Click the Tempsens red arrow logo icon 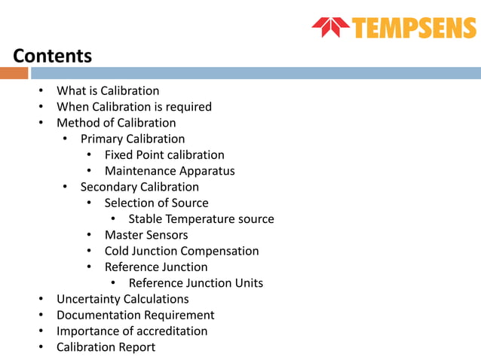(330, 27)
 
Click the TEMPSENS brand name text (413, 28)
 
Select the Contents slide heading (53, 56)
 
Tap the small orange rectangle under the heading (14, 73)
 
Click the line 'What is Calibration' (108, 91)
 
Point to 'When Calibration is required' (134, 107)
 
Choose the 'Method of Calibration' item (116, 123)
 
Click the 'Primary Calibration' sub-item (133, 139)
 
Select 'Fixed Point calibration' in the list (164, 155)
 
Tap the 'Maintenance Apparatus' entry (170, 171)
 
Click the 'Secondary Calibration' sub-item (139, 187)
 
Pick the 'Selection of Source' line (156, 203)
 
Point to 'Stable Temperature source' (201, 219)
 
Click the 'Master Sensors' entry (146, 235)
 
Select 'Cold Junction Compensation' (182, 251)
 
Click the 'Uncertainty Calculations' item (123, 299)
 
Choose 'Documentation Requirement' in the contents (136, 315)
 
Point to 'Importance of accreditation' (132, 331)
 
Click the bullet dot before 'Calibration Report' (41, 347)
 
